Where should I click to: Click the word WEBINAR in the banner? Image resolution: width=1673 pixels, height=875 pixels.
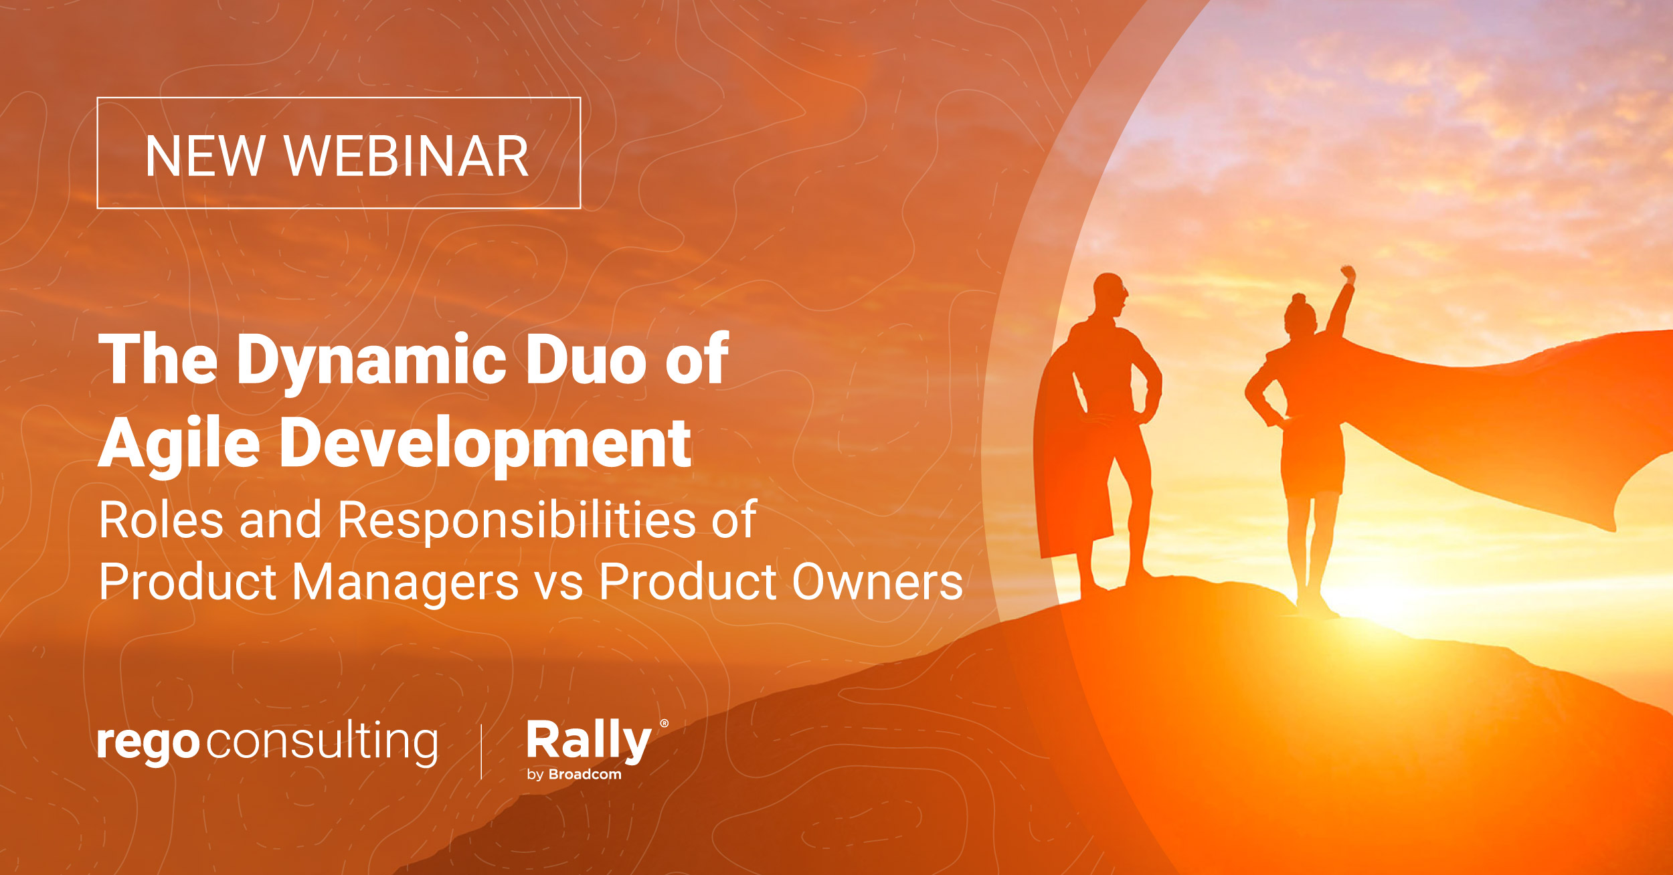tap(406, 156)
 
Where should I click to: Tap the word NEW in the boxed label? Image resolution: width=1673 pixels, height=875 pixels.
tap(205, 156)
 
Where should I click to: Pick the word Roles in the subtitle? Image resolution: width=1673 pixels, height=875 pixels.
tap(161, 520)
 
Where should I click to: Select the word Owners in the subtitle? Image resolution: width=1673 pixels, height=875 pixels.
tap(877, 582)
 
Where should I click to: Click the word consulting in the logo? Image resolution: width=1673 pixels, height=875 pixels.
tap(323, 743)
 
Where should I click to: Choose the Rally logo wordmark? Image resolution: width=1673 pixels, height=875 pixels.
tap(588, 741)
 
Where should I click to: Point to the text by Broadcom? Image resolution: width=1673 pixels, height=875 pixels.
tap(574, 775)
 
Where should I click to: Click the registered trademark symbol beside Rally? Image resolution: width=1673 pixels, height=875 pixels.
tap(664, 723)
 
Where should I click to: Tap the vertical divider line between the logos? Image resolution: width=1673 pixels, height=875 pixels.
tap(482, 752)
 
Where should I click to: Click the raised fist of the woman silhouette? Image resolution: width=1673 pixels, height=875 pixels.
tap(1348, 274)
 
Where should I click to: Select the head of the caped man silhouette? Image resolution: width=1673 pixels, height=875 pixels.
tap(1110, 294)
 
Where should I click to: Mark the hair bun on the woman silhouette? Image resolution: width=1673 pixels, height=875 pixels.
tap(1299, 298)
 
